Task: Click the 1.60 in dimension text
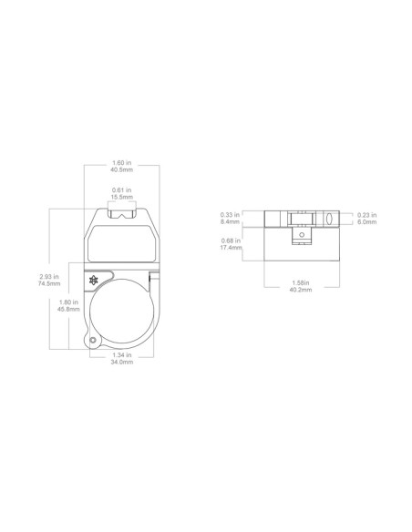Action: tap(121, 163)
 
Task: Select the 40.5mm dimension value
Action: tap(121, 169)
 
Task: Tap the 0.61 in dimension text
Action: tap(122, 190)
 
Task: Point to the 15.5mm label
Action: tap(122, 197)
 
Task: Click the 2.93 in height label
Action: tap(49, 277)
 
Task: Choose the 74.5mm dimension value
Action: tap(49, 283)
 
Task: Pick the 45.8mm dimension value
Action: tap(68, 309)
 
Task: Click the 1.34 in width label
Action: tap(122, 355)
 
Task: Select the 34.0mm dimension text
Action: tap(122, 362)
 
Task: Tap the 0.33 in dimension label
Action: tap(230, 215)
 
